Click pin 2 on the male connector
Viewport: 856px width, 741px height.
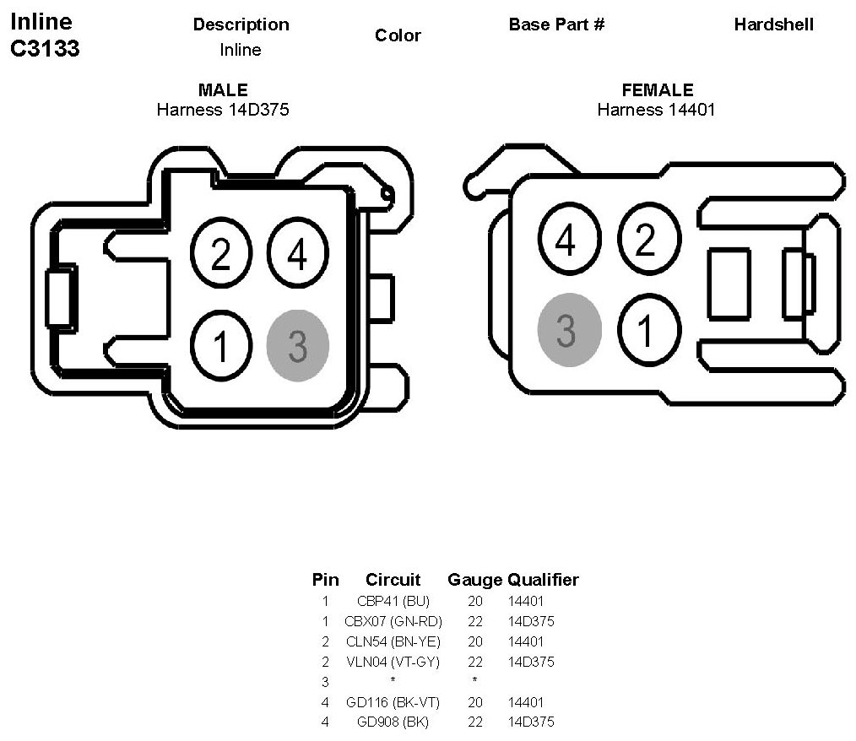point(221,253)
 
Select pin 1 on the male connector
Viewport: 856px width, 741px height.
point(221,345)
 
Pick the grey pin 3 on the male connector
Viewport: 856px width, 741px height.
point(297,345)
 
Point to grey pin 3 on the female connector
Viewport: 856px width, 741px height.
point(568,330)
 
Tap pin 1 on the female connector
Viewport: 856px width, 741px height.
point(647,330)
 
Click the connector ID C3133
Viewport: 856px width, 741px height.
point(45,49)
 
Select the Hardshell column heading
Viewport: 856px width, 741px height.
point(773,24)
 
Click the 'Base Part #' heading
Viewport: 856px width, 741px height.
point(556,24)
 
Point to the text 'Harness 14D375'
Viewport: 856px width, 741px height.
point(223,109)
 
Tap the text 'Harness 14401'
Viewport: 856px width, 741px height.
point(656,109)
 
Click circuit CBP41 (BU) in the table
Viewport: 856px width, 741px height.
point(393,602)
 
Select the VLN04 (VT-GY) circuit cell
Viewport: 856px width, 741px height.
point(393,662)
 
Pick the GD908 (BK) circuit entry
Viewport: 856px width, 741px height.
point(393,722)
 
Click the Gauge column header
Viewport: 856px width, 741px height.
point(474,580)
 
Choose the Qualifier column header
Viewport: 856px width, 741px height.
point(543,580)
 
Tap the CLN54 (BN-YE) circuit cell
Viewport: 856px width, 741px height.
point(393,641)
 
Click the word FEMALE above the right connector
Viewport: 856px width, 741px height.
point(657,90)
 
